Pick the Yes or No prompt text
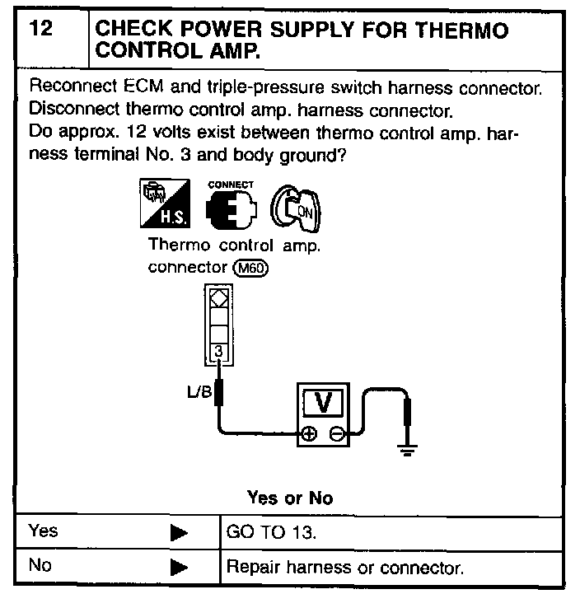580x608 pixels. pos(290,498)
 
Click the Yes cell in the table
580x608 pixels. pos(43,531)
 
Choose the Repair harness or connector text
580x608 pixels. pos(344,568)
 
